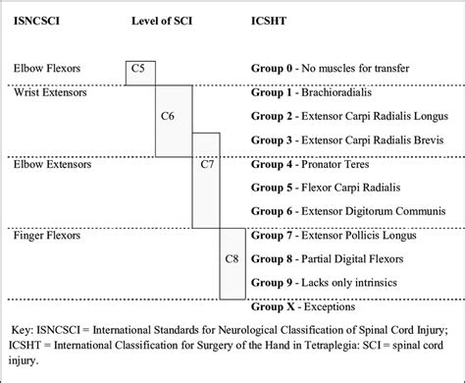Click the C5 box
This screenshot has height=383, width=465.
point(139,71)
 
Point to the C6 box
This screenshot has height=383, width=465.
point(168,116)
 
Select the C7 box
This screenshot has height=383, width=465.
point(207,163)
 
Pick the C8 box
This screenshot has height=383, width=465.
point(232,259)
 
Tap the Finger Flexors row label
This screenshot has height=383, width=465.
point(48,236)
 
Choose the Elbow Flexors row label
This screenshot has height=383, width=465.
point(47,69)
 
